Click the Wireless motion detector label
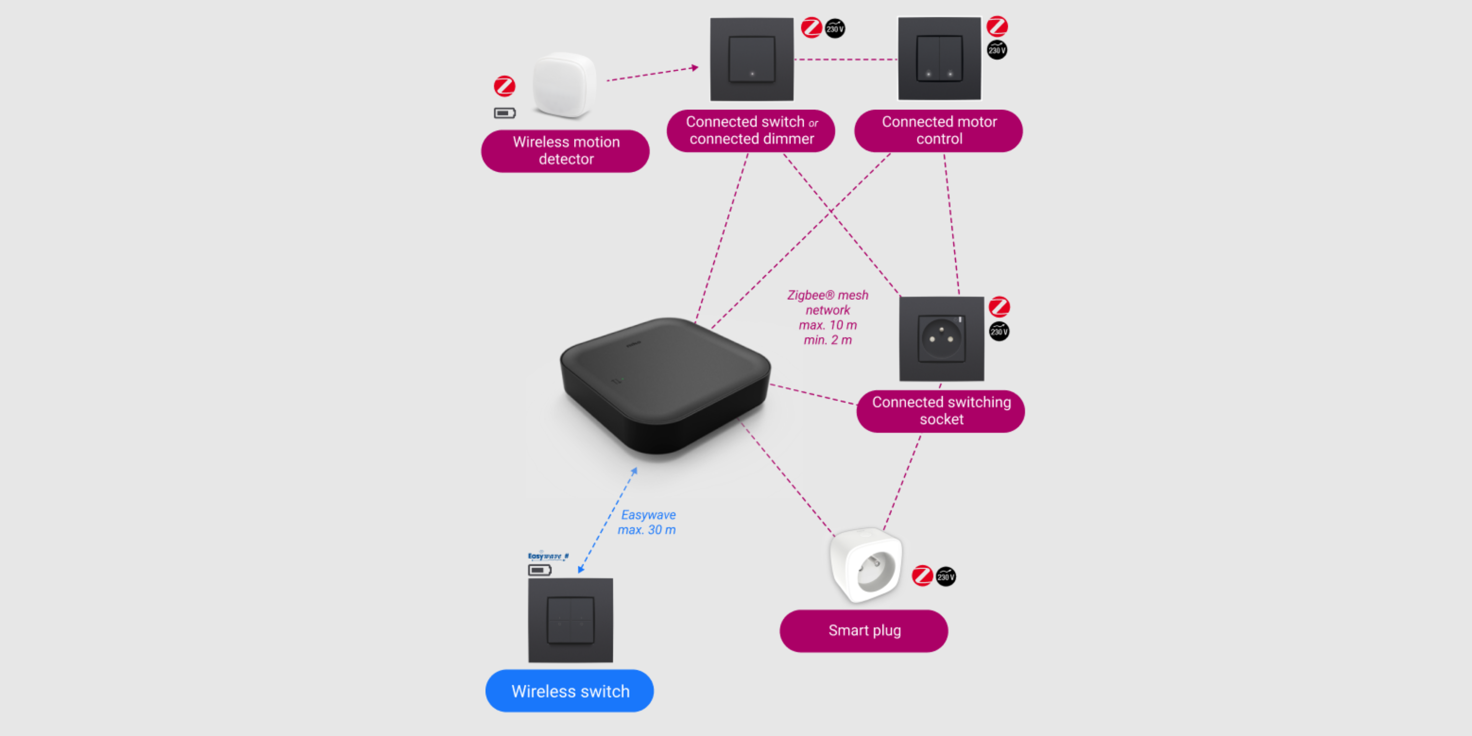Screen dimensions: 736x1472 coord(565,151)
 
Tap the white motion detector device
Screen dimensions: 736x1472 coord(564,86)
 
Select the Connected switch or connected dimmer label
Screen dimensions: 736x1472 coord(751,131)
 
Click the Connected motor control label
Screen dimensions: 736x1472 coord(938,131)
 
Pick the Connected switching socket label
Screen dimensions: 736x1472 coord(941,411)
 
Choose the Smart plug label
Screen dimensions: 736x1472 coord(864,631)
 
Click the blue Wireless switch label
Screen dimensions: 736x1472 coord(569,691)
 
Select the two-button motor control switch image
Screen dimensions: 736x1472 coord(940,59)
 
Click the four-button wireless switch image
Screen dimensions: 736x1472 coord(570,620)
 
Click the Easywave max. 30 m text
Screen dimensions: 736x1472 coord(647,522)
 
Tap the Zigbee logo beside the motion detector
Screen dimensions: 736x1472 coord(504,86)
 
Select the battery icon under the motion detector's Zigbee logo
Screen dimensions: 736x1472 coord(504,113)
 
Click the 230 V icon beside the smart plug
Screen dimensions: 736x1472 coord(946,576)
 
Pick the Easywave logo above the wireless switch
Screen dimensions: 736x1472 coord(548,556)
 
